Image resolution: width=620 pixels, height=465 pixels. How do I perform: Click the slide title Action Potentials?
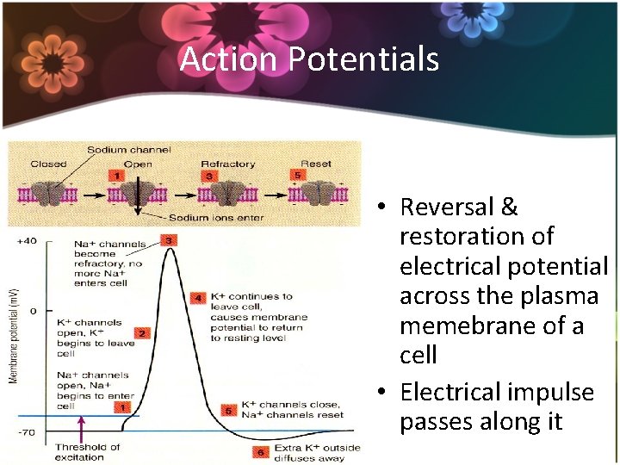309,59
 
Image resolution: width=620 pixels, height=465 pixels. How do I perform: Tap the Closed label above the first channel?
48,164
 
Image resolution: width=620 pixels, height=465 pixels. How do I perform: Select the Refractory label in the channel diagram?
227,164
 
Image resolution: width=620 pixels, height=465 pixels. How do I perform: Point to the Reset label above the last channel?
315,164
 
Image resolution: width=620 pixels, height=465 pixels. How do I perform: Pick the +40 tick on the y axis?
26,241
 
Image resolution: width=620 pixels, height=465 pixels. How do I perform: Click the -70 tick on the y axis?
26,432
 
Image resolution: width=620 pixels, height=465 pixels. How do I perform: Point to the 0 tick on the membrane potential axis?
33,310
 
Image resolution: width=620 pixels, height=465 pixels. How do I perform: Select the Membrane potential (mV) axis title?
13,336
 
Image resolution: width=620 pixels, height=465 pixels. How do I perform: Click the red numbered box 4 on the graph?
197,299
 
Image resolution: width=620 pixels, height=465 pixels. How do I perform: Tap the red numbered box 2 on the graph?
141,332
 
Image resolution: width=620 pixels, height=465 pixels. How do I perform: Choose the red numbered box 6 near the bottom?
259,450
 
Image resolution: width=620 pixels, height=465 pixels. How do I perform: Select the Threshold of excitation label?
88,452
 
